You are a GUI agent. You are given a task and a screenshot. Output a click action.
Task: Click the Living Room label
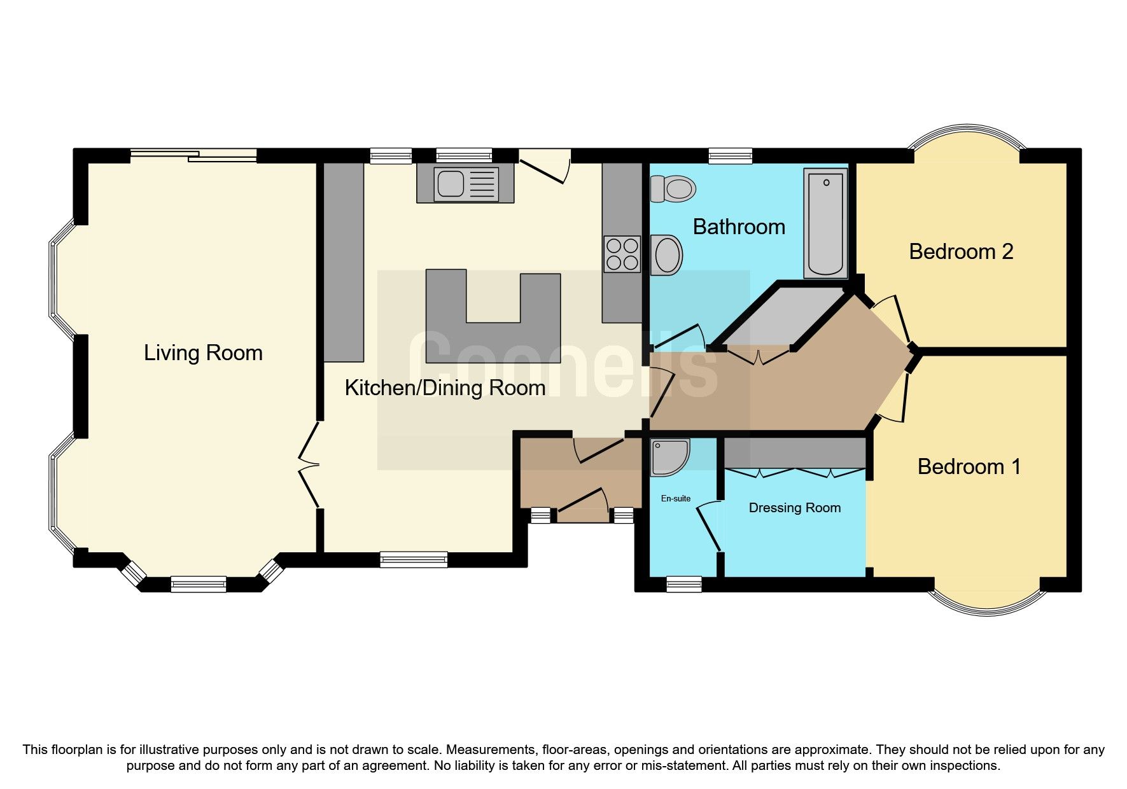coord(203,353)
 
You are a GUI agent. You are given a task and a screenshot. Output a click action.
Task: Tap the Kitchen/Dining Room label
coord(445,388)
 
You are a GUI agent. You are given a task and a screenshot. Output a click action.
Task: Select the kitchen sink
coord(465,183)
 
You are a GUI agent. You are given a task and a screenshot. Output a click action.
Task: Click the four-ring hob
coord(622,253)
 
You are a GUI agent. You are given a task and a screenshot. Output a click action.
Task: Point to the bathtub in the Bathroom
coord(825,223)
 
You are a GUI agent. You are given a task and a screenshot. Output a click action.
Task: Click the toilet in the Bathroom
coord(673,189)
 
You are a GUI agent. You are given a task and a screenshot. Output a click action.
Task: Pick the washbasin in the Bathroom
coord(666,255)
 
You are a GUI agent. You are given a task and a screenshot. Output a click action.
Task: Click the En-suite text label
coord(675,498)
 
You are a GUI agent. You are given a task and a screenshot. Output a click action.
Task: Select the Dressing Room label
coord(794,508)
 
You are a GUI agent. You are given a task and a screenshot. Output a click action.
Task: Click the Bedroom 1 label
coord(969,467)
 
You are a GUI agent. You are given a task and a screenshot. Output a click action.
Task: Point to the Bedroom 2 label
coord(960,252)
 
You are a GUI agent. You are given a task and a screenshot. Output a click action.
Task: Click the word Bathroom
coord(738,227)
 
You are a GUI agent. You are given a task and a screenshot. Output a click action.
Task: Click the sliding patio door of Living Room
coord(194,155)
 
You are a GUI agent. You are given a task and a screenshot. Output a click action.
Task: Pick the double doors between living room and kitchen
coord(310,464)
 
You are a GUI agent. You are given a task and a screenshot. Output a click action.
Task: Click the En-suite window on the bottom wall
coord(683,584)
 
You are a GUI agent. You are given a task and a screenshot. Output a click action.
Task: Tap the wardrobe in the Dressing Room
coord(794,453)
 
